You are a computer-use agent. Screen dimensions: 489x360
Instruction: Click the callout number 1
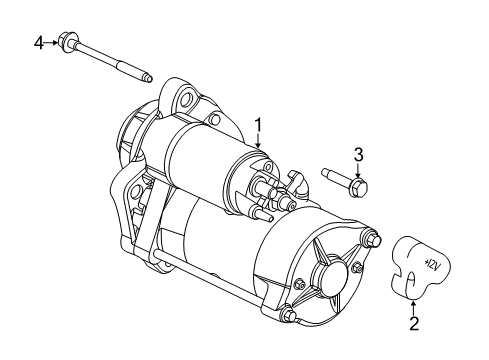[257, 125]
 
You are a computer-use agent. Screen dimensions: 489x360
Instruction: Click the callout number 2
[413, 325]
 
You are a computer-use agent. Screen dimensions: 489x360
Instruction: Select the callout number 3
[357, 153]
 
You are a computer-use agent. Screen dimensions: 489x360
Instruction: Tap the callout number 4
[40, 42]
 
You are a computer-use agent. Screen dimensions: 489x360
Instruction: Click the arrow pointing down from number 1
[257, 142]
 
